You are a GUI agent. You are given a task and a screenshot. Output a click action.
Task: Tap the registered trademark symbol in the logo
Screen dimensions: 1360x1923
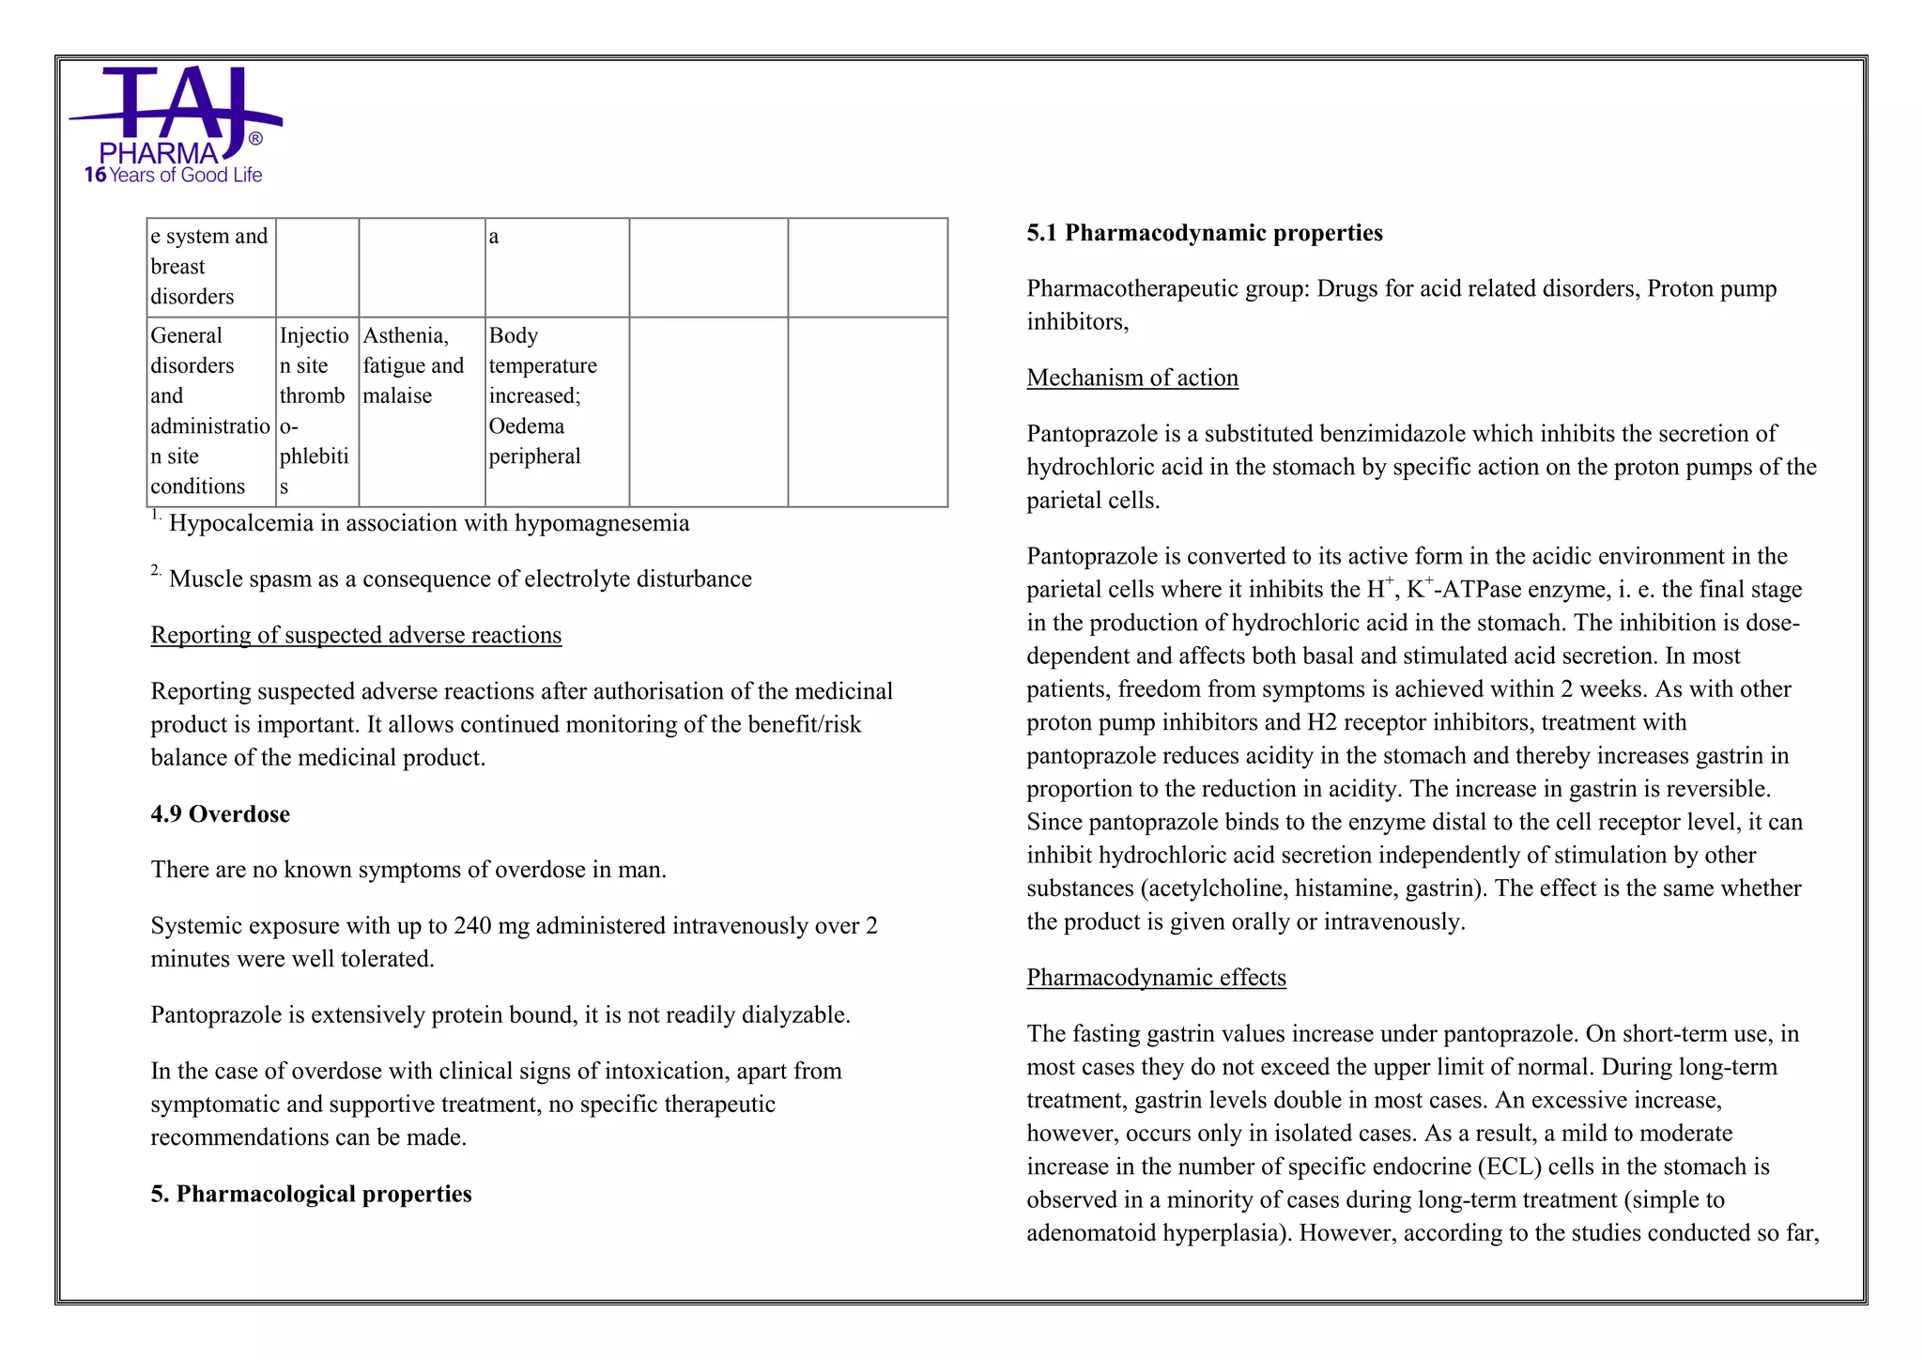click(x=255, y=139)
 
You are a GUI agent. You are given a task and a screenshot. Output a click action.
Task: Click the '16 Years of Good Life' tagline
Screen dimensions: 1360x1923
click(x=174, y=175)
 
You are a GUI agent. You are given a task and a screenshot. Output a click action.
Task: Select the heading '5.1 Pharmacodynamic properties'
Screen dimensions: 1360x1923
click(x=1204, y=233)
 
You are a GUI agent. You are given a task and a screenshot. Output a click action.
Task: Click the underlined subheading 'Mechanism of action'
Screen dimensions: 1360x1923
click(x=1131, y=378)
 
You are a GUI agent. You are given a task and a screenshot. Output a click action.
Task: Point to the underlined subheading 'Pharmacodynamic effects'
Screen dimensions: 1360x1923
click(x=1156, y=978)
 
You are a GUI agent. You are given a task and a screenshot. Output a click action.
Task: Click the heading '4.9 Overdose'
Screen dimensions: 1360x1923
click(x=220, y=813)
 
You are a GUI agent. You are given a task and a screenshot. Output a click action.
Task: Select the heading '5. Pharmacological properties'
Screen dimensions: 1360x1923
click(x=311, y=1194)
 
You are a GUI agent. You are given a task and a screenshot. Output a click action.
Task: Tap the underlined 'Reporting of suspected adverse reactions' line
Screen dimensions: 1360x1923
click(x=356, y=635)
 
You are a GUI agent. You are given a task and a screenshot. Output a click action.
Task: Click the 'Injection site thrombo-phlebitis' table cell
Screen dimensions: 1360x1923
click(x=316, y=410)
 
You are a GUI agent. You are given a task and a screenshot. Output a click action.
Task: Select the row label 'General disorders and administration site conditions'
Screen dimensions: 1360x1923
click(x=210, y=410)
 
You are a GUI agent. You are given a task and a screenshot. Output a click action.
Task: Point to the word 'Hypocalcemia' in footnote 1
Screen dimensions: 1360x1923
click(x=240, y=523)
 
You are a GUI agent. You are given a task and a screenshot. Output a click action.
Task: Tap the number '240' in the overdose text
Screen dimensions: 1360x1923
click(x=472, y=926)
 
